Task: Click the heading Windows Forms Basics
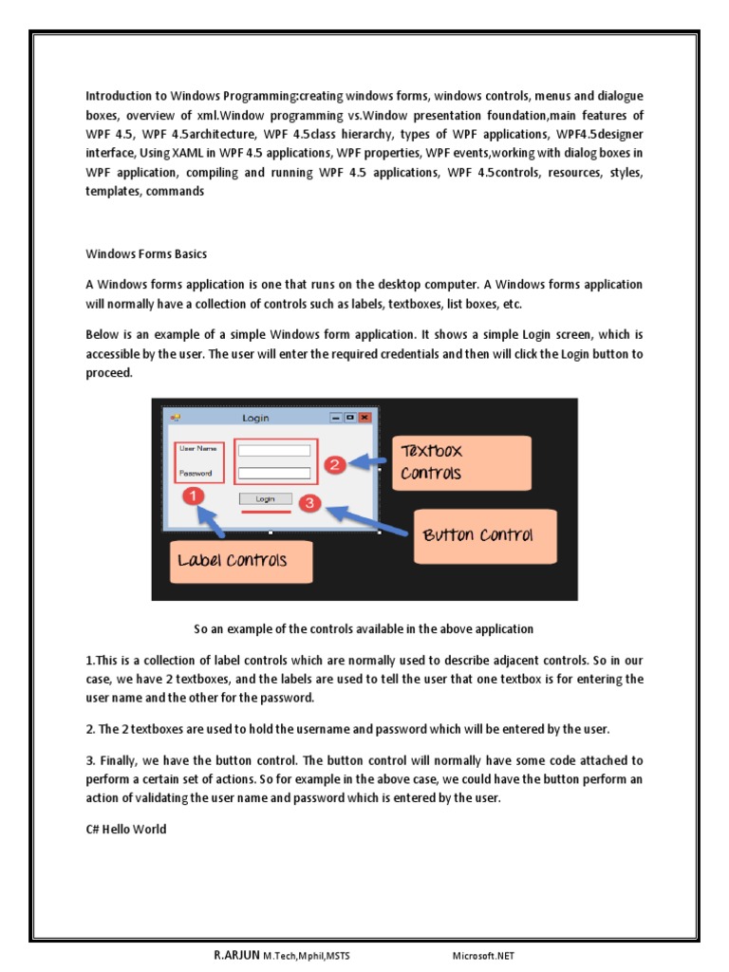pos(146,254)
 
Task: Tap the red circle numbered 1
pos(193,496)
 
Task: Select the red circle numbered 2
pos(333,464)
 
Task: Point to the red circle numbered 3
pos(310,504)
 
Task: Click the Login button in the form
pos(265,498)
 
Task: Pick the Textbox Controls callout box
pos(460,462)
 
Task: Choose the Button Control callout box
pos(477,535)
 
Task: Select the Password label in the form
pos(196,473)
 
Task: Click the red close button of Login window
pos(364,417)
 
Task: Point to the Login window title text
pos(255,418)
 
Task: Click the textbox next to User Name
pos(274,450)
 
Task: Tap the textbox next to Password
pos(274,473)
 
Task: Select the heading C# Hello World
pos(125,829)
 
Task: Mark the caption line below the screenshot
pos(364,628)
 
